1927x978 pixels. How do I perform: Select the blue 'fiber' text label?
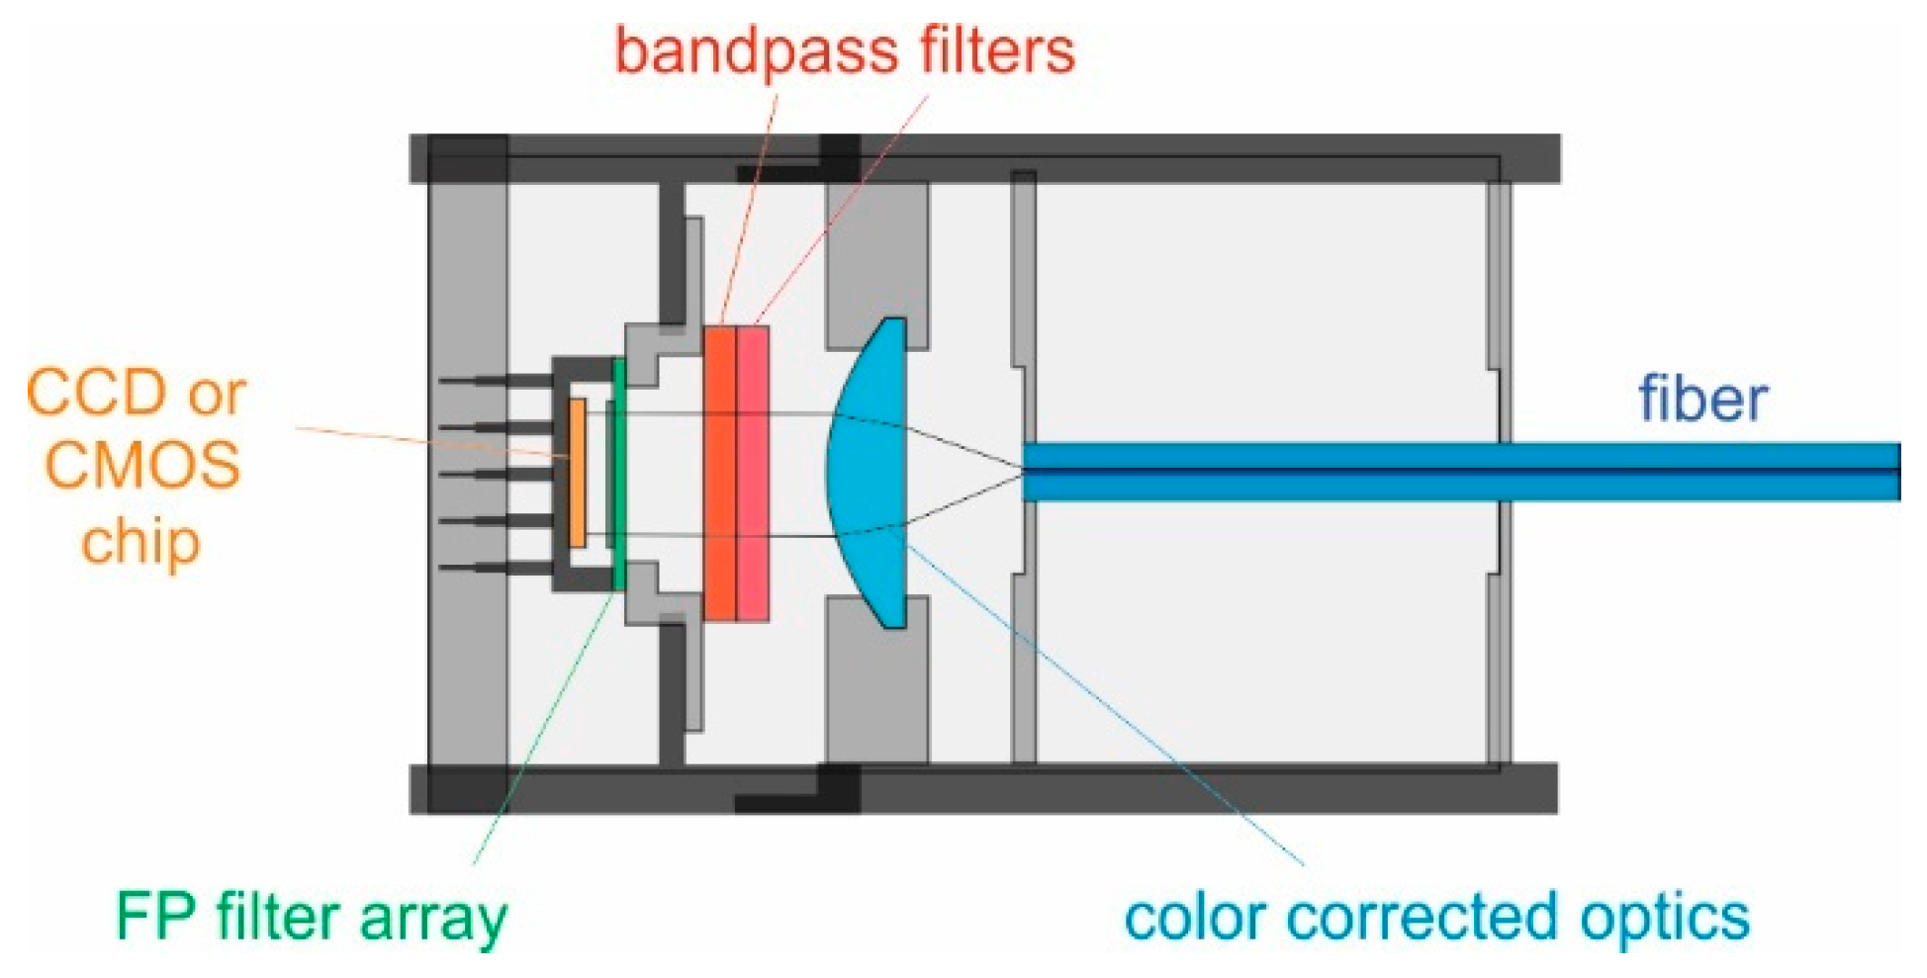1701,400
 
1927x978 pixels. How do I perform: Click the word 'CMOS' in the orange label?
142,464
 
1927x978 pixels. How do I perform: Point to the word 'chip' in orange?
140,542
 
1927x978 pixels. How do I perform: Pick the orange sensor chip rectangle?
578,473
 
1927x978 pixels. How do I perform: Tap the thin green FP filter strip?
619,475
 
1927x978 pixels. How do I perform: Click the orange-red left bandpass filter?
720,473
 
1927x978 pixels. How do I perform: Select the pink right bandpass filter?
753,473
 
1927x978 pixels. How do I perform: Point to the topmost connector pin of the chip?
495,381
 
